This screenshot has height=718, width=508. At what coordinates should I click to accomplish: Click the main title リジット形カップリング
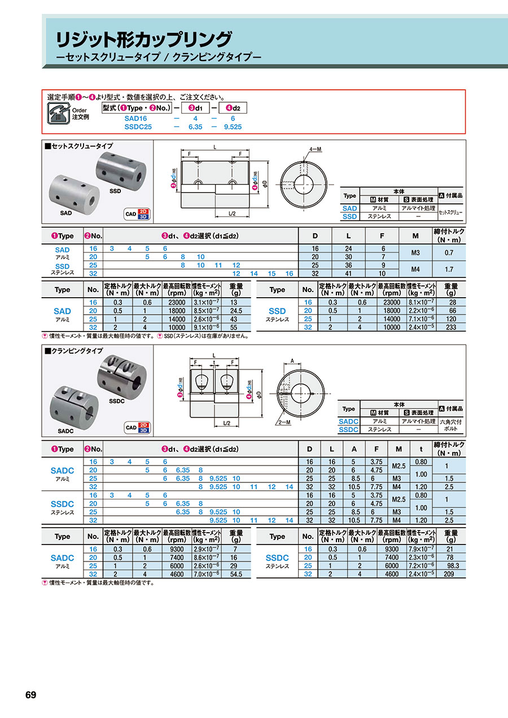(x=143, y=40)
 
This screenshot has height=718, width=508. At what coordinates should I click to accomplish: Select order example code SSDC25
(x=138, y=127)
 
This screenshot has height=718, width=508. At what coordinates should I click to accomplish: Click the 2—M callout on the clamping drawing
(x=284, y=422)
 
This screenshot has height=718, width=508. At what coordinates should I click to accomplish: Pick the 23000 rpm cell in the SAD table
(x=176, y=302)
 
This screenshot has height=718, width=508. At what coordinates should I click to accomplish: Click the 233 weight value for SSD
(x=451, y=327)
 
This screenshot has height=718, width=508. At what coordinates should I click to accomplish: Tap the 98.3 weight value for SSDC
(x=451, y=565)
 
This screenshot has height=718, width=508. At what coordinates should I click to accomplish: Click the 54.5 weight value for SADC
(x=237, y=574)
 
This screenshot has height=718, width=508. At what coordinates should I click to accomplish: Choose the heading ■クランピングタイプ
(x=73, y=351)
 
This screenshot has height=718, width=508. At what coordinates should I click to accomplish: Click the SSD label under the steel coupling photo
(x=115, y=192)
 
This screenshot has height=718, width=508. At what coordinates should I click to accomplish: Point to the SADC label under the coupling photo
(x=65, y=431)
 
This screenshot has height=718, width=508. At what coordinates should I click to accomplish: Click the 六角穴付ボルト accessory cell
(x=451, y=425)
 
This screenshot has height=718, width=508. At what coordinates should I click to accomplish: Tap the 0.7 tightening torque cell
(x=450, y=253)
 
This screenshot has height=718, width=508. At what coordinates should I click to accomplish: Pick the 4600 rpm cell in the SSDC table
(x=391, y=574)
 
